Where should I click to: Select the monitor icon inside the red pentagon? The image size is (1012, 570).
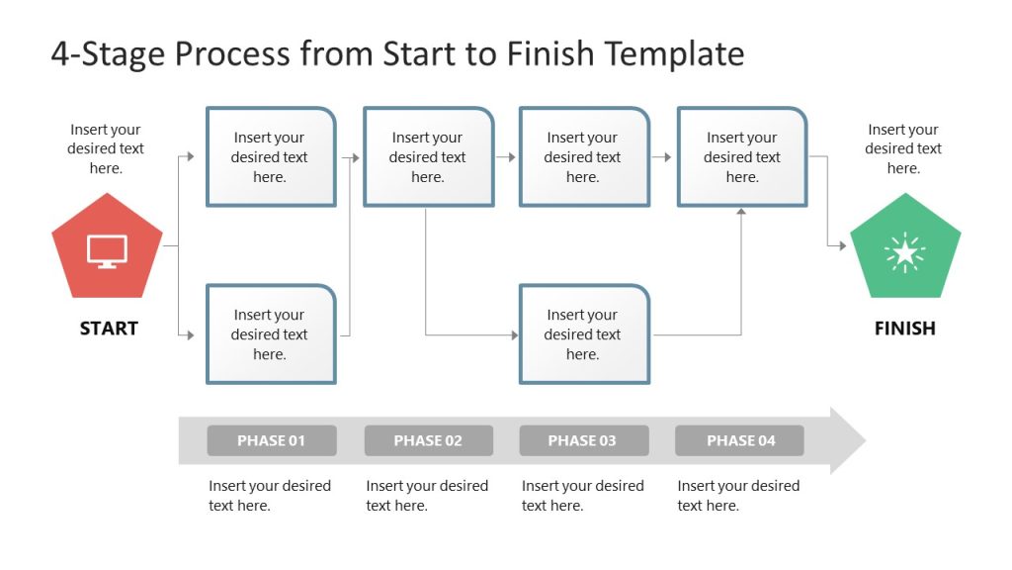click(107, 250)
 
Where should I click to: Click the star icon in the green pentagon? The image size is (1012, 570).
click(905, 252)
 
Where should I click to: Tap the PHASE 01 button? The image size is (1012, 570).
click(272, 440)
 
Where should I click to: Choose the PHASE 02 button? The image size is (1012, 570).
click(428, 440)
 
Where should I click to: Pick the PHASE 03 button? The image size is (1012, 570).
click(583, 440)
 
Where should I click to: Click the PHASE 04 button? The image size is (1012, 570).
click(739, 440)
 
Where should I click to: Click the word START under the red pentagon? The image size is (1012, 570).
click(109, 329)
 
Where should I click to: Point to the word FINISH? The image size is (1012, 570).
click(904, 329)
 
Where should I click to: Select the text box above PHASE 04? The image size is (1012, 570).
click(741, 156)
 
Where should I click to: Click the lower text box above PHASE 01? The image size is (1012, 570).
click(270, 333)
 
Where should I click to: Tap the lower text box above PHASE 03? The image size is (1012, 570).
click(583, 333)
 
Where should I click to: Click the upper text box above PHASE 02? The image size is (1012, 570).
click(428, 156)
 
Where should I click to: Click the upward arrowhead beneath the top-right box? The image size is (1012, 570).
click(741, 212)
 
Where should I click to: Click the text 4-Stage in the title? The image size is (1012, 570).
click(108, 53)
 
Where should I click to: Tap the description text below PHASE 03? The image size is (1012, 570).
click(582, 495)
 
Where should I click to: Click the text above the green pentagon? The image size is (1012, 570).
click(903, 148)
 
